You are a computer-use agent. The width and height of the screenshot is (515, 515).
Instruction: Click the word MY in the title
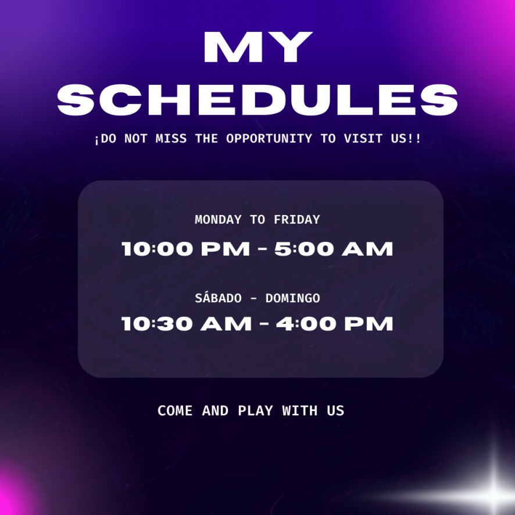click(x=258, y=47)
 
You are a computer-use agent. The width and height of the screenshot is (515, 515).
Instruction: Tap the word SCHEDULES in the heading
click(x=257, y=99)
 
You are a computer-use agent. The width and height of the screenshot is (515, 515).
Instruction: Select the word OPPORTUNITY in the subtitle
click(x=269, y=138)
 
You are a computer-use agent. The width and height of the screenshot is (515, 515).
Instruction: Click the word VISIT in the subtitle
click(x=363, y=138)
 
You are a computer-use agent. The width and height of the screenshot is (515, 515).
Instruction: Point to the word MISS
click(x=171, y=138)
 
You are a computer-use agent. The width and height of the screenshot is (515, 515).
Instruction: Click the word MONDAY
click(x=218, y=220)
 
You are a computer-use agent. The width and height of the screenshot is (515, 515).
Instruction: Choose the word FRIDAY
click(x=297, y=220)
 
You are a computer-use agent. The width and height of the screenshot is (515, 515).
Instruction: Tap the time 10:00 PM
click(x=186, y=249)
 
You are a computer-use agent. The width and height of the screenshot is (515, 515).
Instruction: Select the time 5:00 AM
click(x=334, y=249)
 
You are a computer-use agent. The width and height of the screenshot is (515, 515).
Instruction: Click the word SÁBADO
click(x=218, y=298)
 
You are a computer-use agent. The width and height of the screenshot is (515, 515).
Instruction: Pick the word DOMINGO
click(x=292, y=298)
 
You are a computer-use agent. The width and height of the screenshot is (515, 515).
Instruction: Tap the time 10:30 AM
click(x=187, y=324)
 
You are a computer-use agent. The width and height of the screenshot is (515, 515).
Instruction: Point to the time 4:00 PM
click(x=335, y=324)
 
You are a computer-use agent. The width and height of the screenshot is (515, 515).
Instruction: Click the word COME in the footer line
click(x=175, y=410)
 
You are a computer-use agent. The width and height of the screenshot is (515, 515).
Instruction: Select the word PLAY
click(x=255, y=410)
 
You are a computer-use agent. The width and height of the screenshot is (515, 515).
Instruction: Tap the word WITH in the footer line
click(x=300, y=410)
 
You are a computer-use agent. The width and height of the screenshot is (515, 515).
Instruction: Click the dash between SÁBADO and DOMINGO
click(x=253, y=299)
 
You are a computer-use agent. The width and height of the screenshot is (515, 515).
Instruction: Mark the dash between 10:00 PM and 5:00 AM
click(x=262, y=249)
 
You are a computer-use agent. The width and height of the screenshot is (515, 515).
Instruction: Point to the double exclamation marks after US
click(x=414, y=138)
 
